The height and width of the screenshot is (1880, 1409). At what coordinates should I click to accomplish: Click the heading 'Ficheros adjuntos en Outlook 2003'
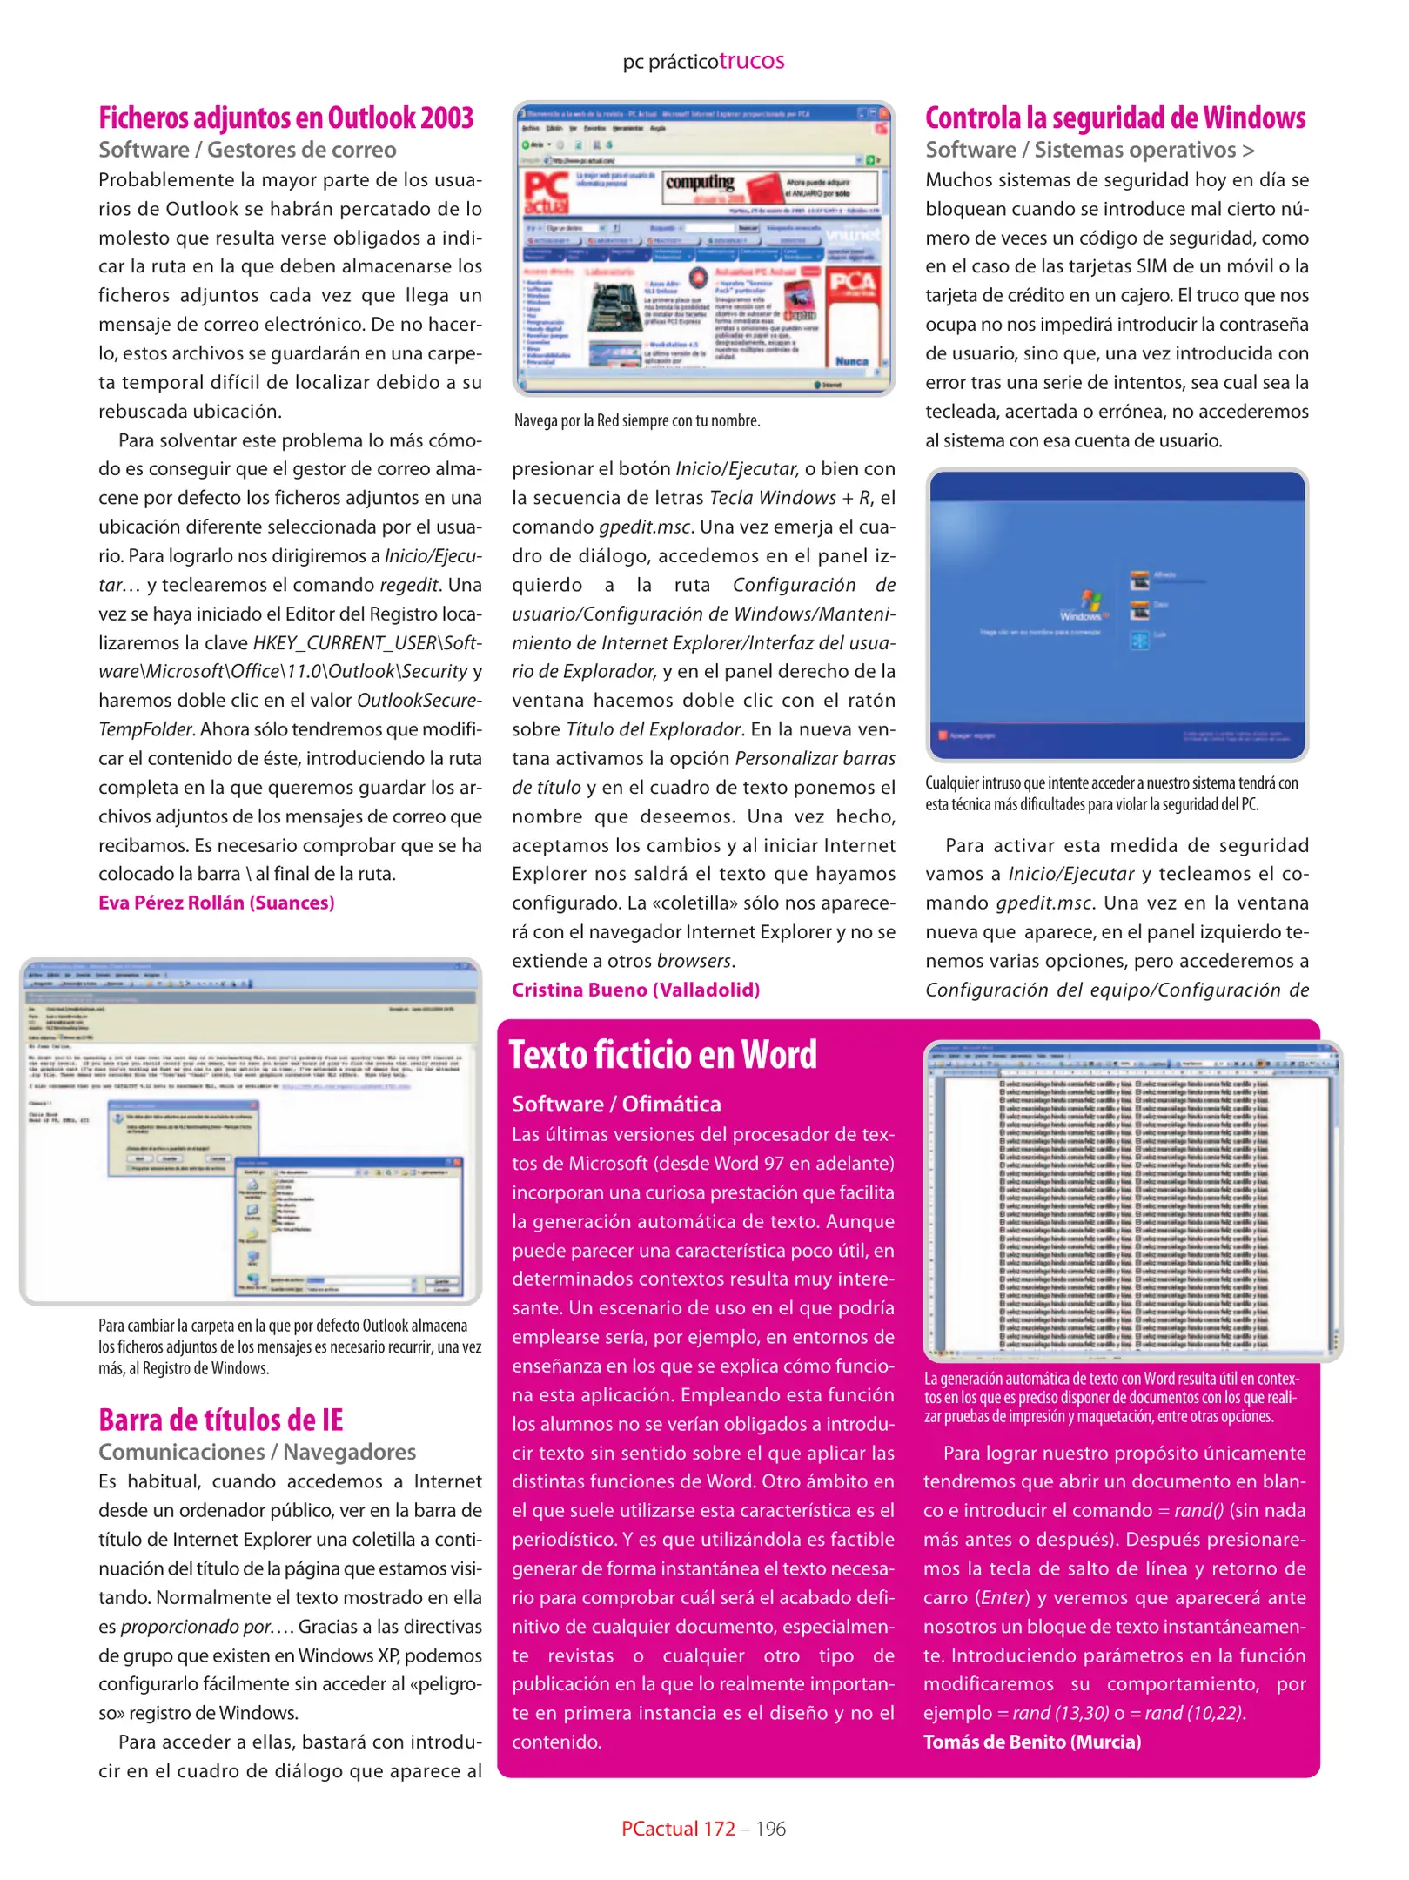pyautogui.click(x=285, y=117)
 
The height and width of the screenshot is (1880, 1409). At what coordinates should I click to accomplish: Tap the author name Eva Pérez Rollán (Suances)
pyautogui.click(x=216, y=903)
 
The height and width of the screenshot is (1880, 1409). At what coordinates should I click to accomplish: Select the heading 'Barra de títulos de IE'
pyautogui.click(x=220, y=1420)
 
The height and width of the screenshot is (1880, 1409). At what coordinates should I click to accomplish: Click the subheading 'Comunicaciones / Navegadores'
pyautogui.click(x=257, y=1452)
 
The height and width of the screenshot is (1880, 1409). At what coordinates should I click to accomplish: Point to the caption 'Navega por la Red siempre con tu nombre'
pyautogui.click(x=636, y=421)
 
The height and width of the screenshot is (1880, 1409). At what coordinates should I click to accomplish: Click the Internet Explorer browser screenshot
pyautogui.click(x=703, y=249)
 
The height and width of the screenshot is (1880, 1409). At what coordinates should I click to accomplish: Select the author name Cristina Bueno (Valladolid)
pyautogui.click(x=635, y=990)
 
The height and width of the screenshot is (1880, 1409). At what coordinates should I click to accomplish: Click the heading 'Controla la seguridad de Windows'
pyautogui.click(x=1115, y=117)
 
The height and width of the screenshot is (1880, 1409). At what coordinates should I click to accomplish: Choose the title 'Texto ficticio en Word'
pyautogui.click(x=662, y=1055)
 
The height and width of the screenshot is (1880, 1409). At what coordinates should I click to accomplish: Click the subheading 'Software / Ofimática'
pyautogui.click(x=616, y=1104)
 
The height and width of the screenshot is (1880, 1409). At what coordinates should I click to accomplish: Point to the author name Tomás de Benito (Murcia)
pyautogui.click(x=1031, y=1742)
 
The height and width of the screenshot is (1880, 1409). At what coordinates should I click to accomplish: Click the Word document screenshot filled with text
pyautogui.click(x=1131, y=1201)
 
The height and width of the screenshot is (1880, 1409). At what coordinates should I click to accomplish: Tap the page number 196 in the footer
pyautogui.click(x=770, y=1829)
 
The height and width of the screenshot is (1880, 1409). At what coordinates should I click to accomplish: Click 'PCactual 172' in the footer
pyautogui.click(x=678, y=1829)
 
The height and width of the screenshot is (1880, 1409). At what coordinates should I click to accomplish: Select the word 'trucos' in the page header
pyautogui.click(x=751, y=61)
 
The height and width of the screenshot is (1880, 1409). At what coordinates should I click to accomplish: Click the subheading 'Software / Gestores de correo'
pyautogui.click(x=247, y=150)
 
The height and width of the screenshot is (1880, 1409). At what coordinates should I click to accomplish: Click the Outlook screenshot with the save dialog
pyautogui.click(x=251, y=1131)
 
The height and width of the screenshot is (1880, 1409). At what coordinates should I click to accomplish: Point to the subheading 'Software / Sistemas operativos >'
pyautogui.click(x=1089, y=150)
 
